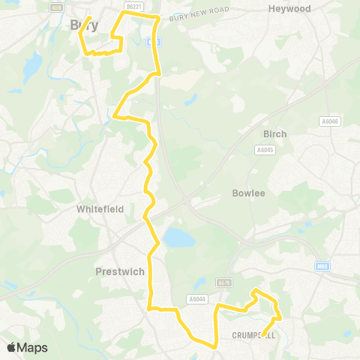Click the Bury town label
tap(83, 25)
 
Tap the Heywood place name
tap(289, 9)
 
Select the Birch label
tap(274, 133)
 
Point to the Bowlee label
tap(248, 193)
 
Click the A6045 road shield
tap(264, 150)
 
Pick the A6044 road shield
tap(197, 299)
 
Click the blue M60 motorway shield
tap(322, 266)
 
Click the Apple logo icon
tap(12, 347)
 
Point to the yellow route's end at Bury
tap(90, 17)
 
